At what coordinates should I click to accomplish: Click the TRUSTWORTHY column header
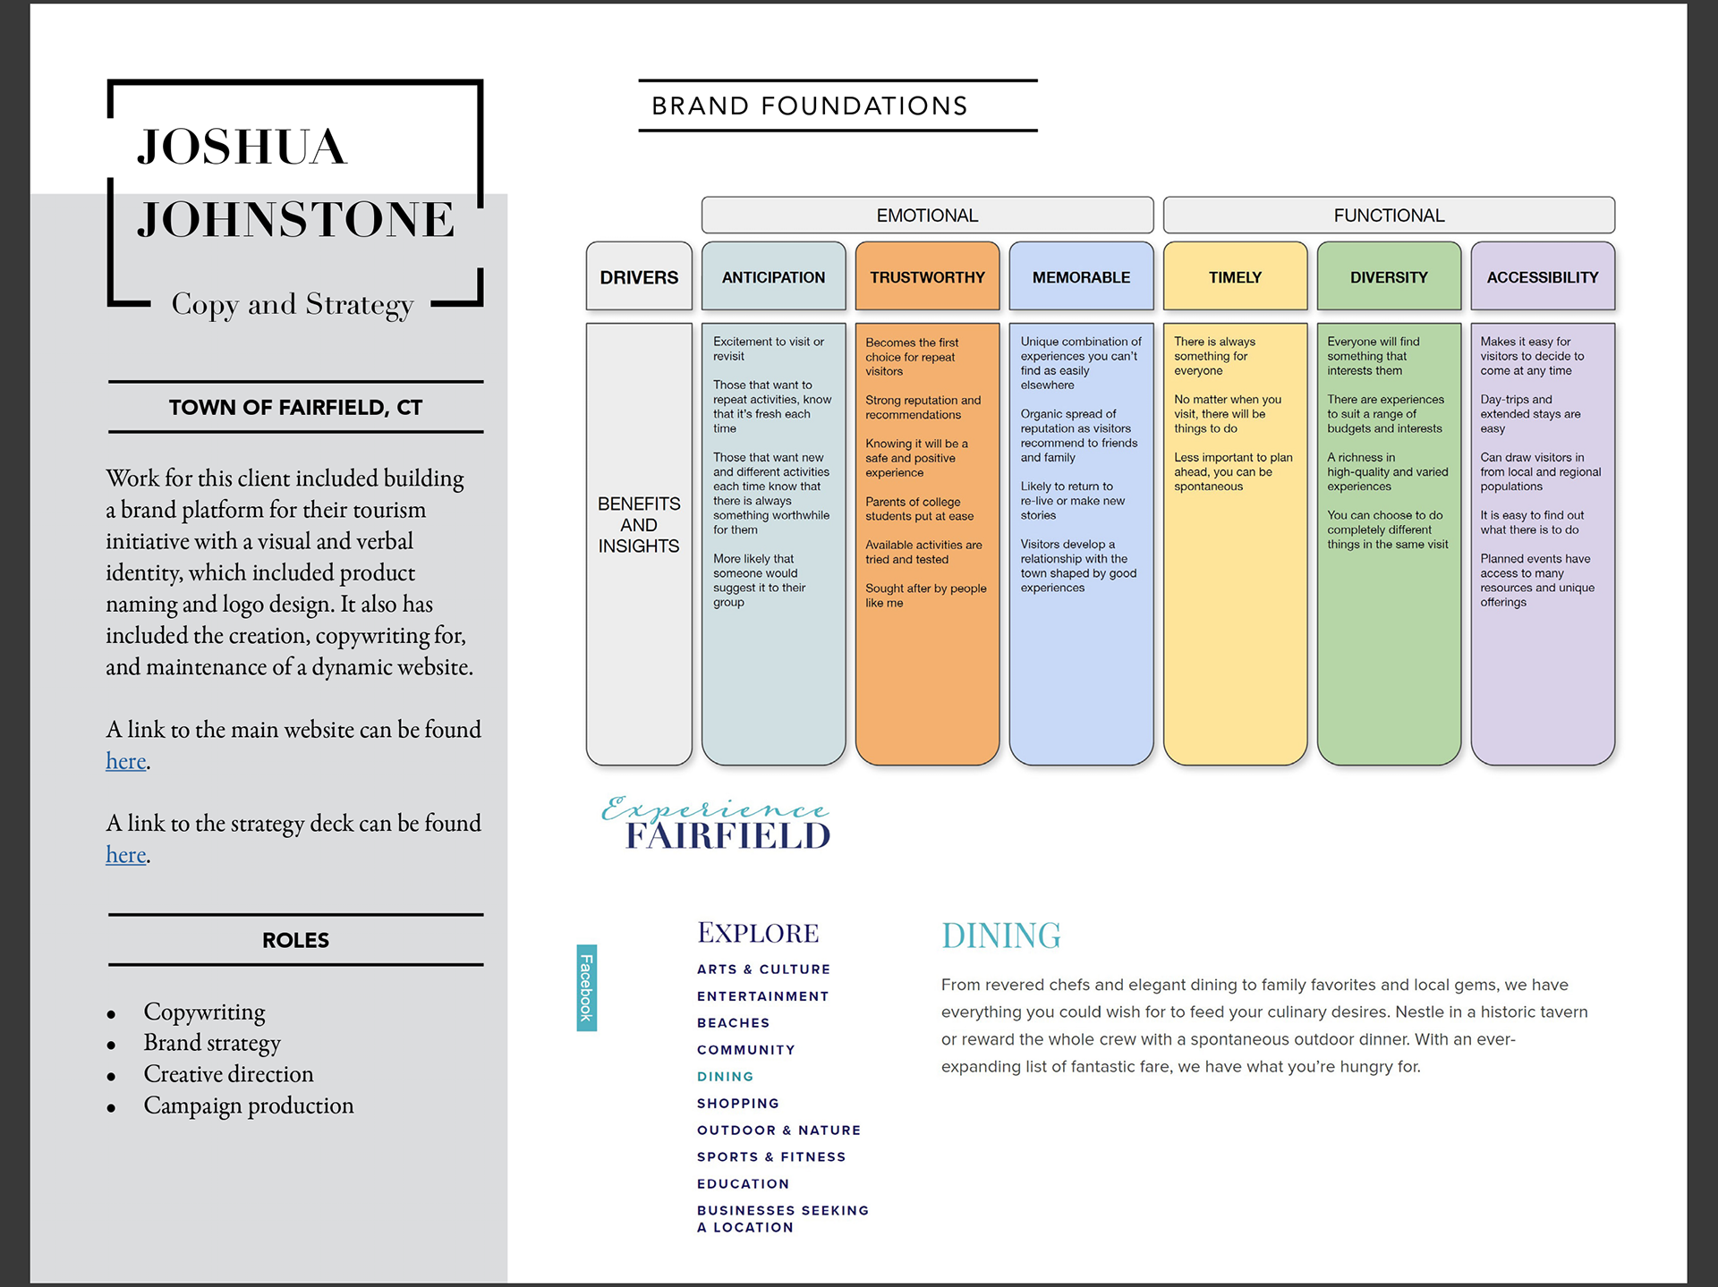coord(927,277)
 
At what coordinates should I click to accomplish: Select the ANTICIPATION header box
coord(773,277)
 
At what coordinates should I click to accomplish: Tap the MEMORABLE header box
coord(1081,277)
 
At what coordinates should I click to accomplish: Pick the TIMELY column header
coord(1235,277)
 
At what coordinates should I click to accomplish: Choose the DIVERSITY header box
coord(1389,277)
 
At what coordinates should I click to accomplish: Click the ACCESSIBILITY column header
coord(1543,277)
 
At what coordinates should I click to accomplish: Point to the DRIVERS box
coord(639,277)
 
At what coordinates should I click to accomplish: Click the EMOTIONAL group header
coord(927,216)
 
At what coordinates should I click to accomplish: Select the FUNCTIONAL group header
coord(1389,216)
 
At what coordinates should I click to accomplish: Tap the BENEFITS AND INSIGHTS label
coord(639,525)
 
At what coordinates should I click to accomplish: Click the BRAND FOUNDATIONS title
coord(810,106)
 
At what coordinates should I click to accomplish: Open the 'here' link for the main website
coord(126,761)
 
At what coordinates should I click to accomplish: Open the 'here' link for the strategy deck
coord(126,855)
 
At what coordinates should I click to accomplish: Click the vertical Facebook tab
coord(587,987)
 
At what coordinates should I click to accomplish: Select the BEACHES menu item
coord(733,1023)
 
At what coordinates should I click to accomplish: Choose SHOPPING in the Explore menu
coord(738,1104)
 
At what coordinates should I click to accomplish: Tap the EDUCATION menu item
coord(743,1184)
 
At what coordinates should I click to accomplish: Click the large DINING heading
coord(1000,936)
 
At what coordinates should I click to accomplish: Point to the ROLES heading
coord(295,940)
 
